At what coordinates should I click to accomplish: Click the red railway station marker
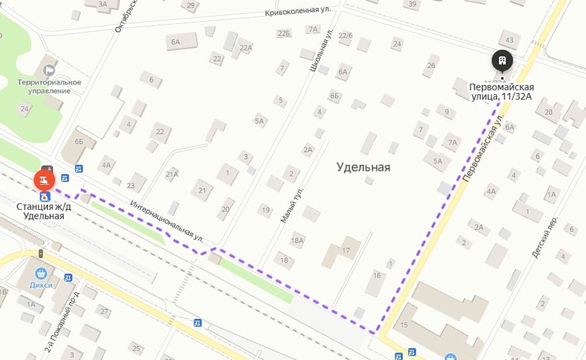(44, 179)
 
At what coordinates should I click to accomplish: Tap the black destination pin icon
(502, 62)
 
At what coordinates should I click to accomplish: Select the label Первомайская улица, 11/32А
(501, 92)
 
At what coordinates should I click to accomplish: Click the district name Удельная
(362, 167)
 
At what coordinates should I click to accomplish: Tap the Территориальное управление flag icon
(49, 70)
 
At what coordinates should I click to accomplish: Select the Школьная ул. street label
(321, 50)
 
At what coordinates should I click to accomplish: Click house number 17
(346, 250)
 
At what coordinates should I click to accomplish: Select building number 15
(403, 325)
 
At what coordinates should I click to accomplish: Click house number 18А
(297, 240)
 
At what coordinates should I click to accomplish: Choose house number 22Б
(284, 33)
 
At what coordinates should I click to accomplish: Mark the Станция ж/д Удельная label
(44, 211)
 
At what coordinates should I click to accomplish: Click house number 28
(548, 112)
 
